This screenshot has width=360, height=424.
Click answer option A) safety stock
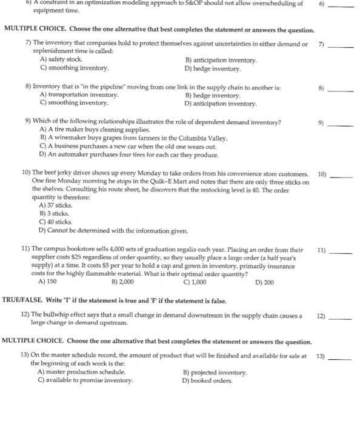click(x=61, y=60)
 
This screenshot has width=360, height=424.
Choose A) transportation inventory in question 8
click(x=79, y=95)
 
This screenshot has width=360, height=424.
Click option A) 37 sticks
click(x=56, y=205)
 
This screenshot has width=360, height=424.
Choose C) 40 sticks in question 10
click(x=55, y=222)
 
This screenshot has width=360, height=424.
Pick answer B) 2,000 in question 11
click(x=126, y=282)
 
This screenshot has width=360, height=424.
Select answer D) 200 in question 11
click(x=265, y=282)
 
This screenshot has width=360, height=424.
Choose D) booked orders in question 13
click(x=208, y=380)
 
